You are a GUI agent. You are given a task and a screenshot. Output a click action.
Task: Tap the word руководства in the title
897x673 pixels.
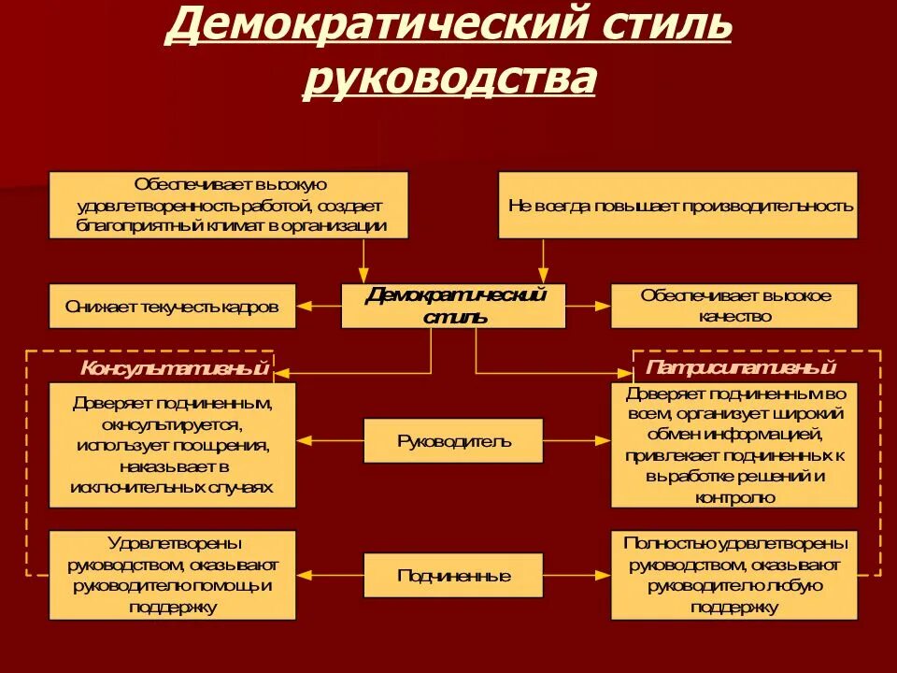point(449,79)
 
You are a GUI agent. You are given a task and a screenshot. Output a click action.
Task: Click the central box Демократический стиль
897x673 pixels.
point(453,306)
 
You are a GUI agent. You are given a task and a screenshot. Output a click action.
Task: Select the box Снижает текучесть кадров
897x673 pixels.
point(172,306)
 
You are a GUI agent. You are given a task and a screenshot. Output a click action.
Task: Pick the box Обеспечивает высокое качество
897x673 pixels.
point(733,306)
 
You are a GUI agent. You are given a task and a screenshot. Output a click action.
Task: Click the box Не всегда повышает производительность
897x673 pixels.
point(677,205)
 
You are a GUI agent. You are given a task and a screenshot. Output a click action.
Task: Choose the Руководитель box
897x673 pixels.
point(453,440)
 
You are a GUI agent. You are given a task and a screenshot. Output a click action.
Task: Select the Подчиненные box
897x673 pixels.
point(453,575)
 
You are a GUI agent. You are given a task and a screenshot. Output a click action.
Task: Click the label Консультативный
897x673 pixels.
point(175,368)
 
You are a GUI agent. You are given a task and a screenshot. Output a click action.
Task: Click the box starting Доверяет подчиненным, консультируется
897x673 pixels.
point(172,445)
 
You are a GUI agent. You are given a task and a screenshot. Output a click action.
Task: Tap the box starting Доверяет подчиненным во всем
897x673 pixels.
point(733,445)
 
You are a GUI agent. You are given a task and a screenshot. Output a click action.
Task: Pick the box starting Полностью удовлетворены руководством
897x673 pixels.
point(733,575)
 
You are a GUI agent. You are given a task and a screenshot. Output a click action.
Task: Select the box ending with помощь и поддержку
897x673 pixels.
point(172,575)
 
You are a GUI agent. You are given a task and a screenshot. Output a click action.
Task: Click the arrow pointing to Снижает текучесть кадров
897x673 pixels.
point(318,306)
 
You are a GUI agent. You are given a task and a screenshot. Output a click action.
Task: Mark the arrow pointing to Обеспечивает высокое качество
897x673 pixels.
point(589,306)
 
